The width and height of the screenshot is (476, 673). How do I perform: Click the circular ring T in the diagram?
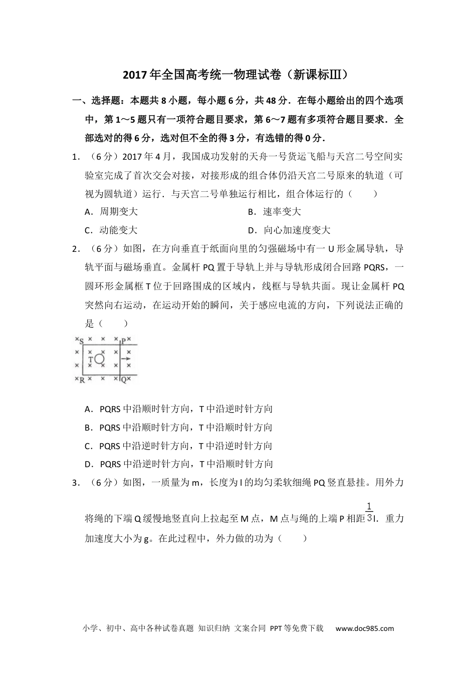pyautogui.click(x=99, y=359)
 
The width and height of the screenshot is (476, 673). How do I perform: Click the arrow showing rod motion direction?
pyautogui.click(x=126, y=359)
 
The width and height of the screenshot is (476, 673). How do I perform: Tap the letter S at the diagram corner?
pyautogui.click(x=81, y=341)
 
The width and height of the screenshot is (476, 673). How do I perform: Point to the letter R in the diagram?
pyautogui.click(x=81, y=380)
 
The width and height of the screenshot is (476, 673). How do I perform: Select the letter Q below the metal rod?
pyautogui.click(x=124, y=380)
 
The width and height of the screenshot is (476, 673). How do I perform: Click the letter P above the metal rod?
pyautogui.click(x=123, y=341)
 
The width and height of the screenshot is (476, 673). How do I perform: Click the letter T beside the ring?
pyautogui.click(x=91, y=360)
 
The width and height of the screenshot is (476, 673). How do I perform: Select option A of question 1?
pyautogui.click(x=111, y=212)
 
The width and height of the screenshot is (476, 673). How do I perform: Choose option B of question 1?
pyautogui.click(x=275, y=212)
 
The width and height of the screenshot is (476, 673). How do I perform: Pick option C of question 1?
pyautogui.click(x=111, y=230)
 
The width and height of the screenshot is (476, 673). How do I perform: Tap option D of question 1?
pyautogui.click(x=289, y=230)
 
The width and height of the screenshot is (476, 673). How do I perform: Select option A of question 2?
pyautogui.click(x=179, y=409)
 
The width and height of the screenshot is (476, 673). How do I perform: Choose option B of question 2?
pyautogui.click(x=179, y=428)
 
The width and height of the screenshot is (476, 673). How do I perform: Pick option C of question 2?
pyautogui.click(x=179, y=446)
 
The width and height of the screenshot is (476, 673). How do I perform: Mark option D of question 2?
pyautogui.click(x=179, y=464)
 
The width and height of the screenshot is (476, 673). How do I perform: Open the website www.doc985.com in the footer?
pyautogui.click(x=364, y=628)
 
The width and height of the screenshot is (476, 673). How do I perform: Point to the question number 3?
pyautogui.click(x=76, y=483)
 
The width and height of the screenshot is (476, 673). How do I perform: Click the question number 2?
pyautogui.click(x=76, y=249)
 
